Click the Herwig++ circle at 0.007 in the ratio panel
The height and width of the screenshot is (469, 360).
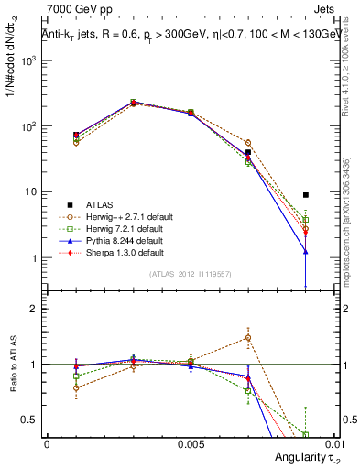tap(248, 338)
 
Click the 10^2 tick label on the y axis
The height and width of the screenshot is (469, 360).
tap(28, 126)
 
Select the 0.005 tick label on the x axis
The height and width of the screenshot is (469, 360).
tap(191, 442)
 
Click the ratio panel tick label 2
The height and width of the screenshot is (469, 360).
tap(34, 309)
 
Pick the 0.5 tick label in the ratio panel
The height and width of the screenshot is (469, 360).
tap(30, 420)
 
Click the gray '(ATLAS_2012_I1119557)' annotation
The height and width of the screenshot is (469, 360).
tap(190, 274)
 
